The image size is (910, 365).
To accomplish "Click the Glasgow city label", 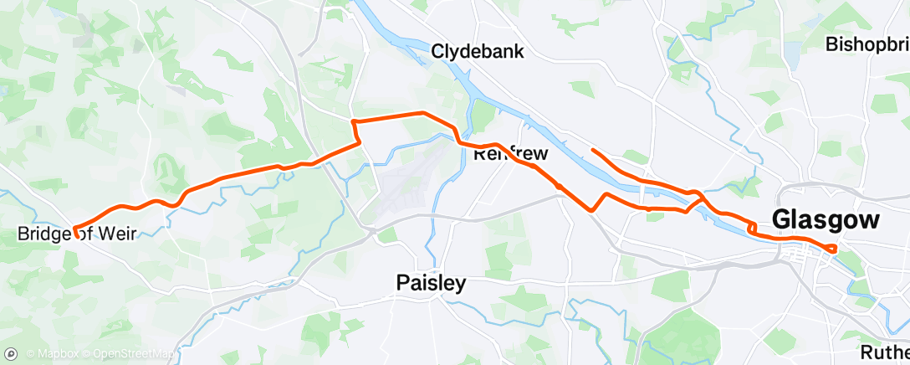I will pyautogui.click(x=826, y=220).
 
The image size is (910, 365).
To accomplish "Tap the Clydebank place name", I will pyautogui.click(x=478, y=52).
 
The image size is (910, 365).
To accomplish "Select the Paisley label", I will pyautogui.click(x=431, y=284).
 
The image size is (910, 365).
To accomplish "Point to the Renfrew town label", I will pyautogui.click(x=510, y=154).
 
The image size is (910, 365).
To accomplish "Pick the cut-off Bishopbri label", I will pyautogui.click(x=867, y=44).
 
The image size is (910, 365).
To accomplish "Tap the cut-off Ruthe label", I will pyautogui.click(x=886, y=352).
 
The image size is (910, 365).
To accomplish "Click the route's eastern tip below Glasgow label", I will pyautogui.click(x=835, y=248).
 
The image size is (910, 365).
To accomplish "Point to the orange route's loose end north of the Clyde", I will pyautogui.click(x=592, y=150).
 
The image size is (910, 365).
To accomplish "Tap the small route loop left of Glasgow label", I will pyautogui.click(x=753, y=227).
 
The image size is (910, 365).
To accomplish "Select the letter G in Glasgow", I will pyautogui.click(x=783, y=220).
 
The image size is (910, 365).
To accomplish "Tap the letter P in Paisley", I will pyautogui.click(x=401, y=284).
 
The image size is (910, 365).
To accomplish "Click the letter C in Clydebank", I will pyautogui.click(x=437, y=52).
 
